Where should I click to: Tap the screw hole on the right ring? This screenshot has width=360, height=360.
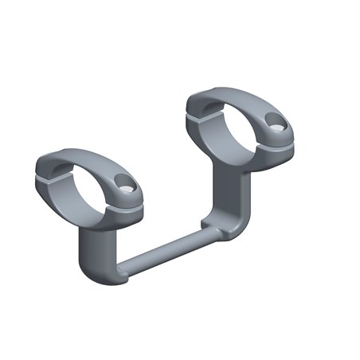coord(275,123)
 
